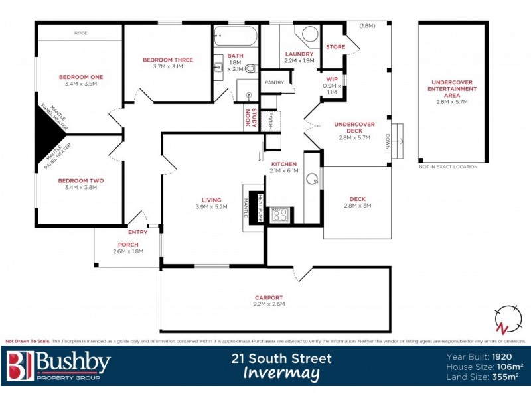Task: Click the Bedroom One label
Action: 80,76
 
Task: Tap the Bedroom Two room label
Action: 80,180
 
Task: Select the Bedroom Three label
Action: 168,60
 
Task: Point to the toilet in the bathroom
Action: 250,68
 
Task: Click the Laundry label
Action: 299,54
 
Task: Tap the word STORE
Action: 335,46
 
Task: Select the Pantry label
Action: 274,82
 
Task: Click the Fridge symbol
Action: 271,121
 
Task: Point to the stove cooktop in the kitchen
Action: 280,214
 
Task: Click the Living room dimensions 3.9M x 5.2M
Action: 212,207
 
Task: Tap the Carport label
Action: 269,297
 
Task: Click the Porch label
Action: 127,244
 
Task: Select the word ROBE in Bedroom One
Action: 80,32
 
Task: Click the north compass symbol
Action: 506,320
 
